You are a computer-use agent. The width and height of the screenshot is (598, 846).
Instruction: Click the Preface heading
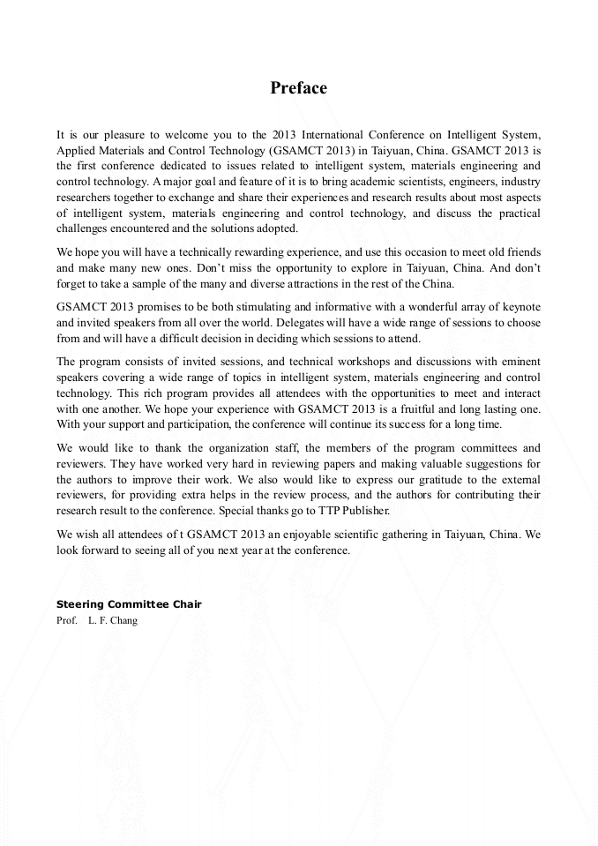click(298, 88)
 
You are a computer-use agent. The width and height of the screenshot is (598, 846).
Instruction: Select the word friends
click(520, 252)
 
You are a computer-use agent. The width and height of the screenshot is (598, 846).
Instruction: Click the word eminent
click(519, 362)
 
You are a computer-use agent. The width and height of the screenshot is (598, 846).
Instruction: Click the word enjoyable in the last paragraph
click(282, 534)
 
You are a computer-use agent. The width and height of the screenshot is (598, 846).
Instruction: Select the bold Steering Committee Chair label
click(129, 604)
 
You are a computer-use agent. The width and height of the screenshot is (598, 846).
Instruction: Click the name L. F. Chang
click(113, 620)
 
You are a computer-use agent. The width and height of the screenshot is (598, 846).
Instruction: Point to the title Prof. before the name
click(67, 620)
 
